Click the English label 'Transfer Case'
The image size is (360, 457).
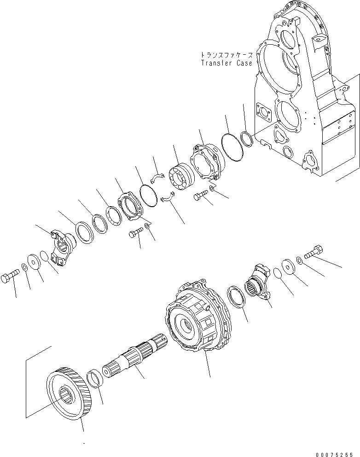pos(226,63)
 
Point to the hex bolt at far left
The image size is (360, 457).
pos(10,278)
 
